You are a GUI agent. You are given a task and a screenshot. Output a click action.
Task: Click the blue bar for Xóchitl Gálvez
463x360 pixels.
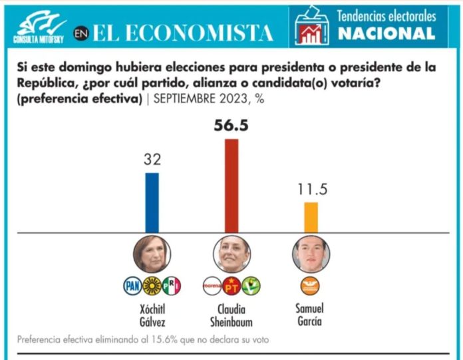pos(152,202)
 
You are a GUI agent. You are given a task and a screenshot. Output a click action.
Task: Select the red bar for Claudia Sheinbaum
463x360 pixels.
pos(231,186)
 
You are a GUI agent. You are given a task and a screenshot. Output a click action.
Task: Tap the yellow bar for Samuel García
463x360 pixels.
pos(311,217)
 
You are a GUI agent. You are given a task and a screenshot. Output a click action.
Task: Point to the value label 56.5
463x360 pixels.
pos(231,125)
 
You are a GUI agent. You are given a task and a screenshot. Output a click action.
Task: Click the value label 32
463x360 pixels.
pos(152,160)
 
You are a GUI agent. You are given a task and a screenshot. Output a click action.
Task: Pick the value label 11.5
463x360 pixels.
pos(311,189)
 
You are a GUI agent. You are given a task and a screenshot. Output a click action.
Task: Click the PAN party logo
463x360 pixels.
pos(134,286)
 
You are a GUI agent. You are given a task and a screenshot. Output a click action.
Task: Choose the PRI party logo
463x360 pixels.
pos(172,286)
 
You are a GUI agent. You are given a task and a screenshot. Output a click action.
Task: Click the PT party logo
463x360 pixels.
pos(231,286)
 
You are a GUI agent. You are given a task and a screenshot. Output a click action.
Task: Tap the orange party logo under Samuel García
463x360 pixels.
pos(311,286)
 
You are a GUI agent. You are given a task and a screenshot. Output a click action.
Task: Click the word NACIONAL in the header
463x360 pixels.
pos(386,33)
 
